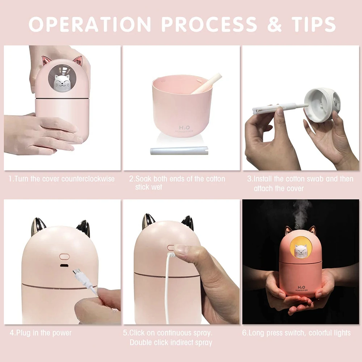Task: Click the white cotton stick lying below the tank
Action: tap(179, 151)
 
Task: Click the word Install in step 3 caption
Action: tap(263, 179)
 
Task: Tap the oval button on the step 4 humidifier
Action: tap(64, 257)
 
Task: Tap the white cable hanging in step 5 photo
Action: tap(167, 290)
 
